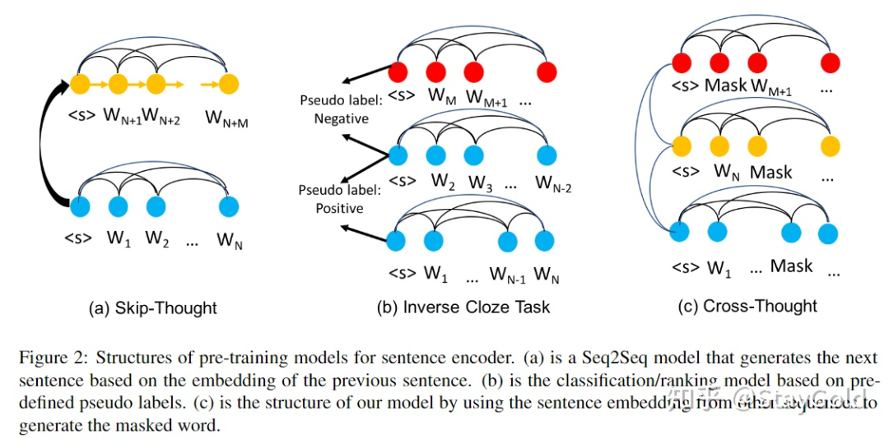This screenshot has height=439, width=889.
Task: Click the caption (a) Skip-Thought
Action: (x=153, y=308)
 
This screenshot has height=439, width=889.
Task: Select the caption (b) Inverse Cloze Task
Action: (x=463, y=307)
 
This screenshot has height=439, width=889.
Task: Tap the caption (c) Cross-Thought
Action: (x=747, y=306)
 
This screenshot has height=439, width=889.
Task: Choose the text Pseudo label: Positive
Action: (x=339, y=199)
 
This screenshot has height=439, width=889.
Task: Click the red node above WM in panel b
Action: (x=436, y=71)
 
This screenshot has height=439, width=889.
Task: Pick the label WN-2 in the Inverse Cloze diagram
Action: (x=553, y=184)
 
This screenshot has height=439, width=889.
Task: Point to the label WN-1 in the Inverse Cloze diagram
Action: (x=507, y=273)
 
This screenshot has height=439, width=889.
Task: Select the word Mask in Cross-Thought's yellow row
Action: (x=770, y=173)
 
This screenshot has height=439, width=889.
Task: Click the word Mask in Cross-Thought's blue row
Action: (x=791, y=266)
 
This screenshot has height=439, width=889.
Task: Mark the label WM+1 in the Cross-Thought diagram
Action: (x=771, y=87)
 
